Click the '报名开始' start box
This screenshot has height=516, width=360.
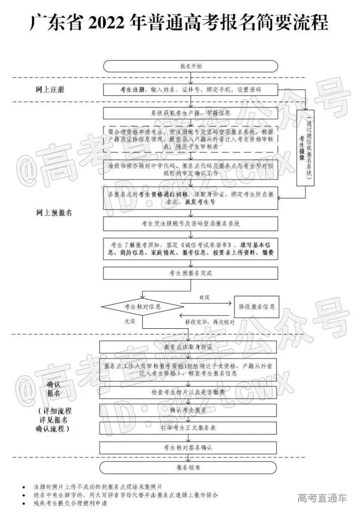[x=190, y=66]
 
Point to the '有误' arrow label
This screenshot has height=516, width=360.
[x=204, y=298]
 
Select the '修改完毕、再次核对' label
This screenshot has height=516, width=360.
[x=210, y=322]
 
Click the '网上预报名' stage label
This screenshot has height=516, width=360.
[x=54, y=212]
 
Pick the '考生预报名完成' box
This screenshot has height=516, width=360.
[x=190, y=273]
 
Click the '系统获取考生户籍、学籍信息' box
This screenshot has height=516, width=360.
[x=190, y=112]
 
